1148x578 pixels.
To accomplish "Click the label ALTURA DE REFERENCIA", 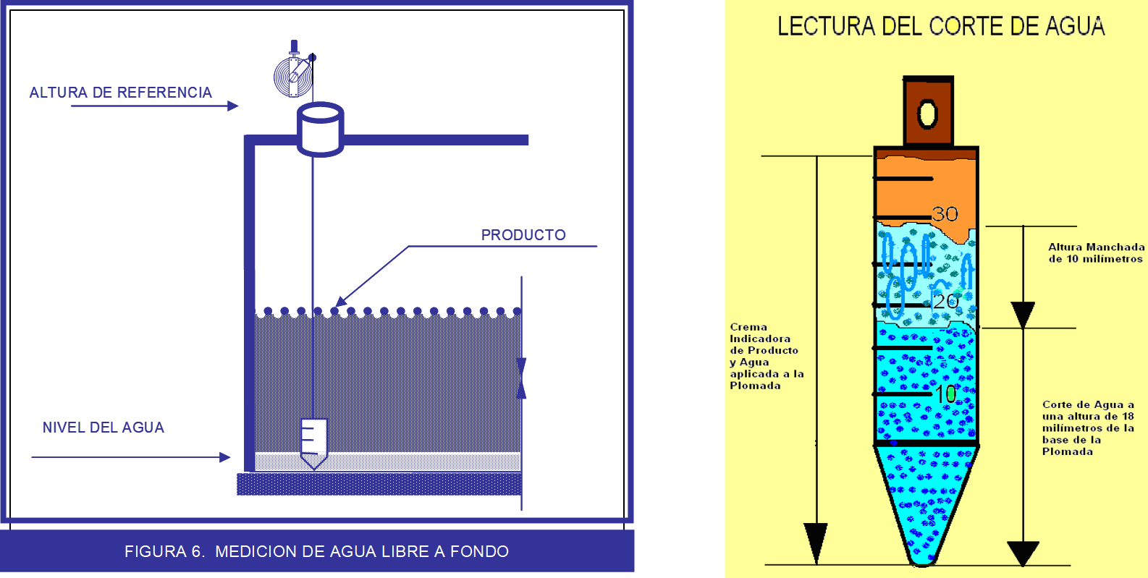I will click(120, 93).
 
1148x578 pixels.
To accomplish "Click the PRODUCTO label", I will click(523, 235).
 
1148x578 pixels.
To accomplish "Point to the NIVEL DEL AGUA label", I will click(104, 428).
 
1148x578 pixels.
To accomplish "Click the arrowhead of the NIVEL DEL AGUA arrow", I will click(225, 457).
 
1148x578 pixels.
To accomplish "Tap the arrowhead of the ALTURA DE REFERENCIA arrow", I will click(233, 106).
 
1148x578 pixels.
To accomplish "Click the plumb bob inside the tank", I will click(313, 442).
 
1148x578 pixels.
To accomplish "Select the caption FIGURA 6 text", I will click(316, 551).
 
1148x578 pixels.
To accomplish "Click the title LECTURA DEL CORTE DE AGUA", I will click(941, 27).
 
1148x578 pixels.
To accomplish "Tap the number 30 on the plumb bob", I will click(945, 214).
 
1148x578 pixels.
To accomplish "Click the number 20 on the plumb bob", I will click(945, 301).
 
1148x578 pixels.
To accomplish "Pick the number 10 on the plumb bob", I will click(945, 394).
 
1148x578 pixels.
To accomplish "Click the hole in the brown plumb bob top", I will click(927, 114).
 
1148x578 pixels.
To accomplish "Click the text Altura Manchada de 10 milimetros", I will click(1096, 253).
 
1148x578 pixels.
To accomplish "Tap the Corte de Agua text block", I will click(1087, 428).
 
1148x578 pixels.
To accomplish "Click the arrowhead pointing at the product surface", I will click(341, 302).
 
